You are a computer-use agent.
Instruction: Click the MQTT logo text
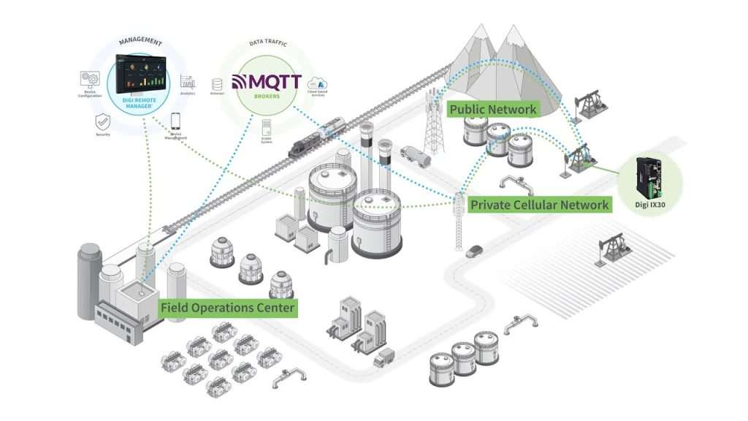point(266,83)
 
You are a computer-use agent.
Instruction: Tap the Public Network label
point(492,109)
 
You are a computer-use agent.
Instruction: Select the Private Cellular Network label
point(539,204)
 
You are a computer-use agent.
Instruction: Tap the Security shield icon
point(102,120)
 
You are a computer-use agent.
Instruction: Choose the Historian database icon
point(216,83)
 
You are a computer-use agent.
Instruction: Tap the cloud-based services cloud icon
point(318,83)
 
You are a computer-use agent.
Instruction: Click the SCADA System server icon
point(266,121)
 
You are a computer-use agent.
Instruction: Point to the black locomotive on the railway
point(303,146)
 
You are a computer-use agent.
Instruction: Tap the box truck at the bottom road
point(383,357)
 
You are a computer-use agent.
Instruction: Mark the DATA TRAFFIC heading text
point(267,44)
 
